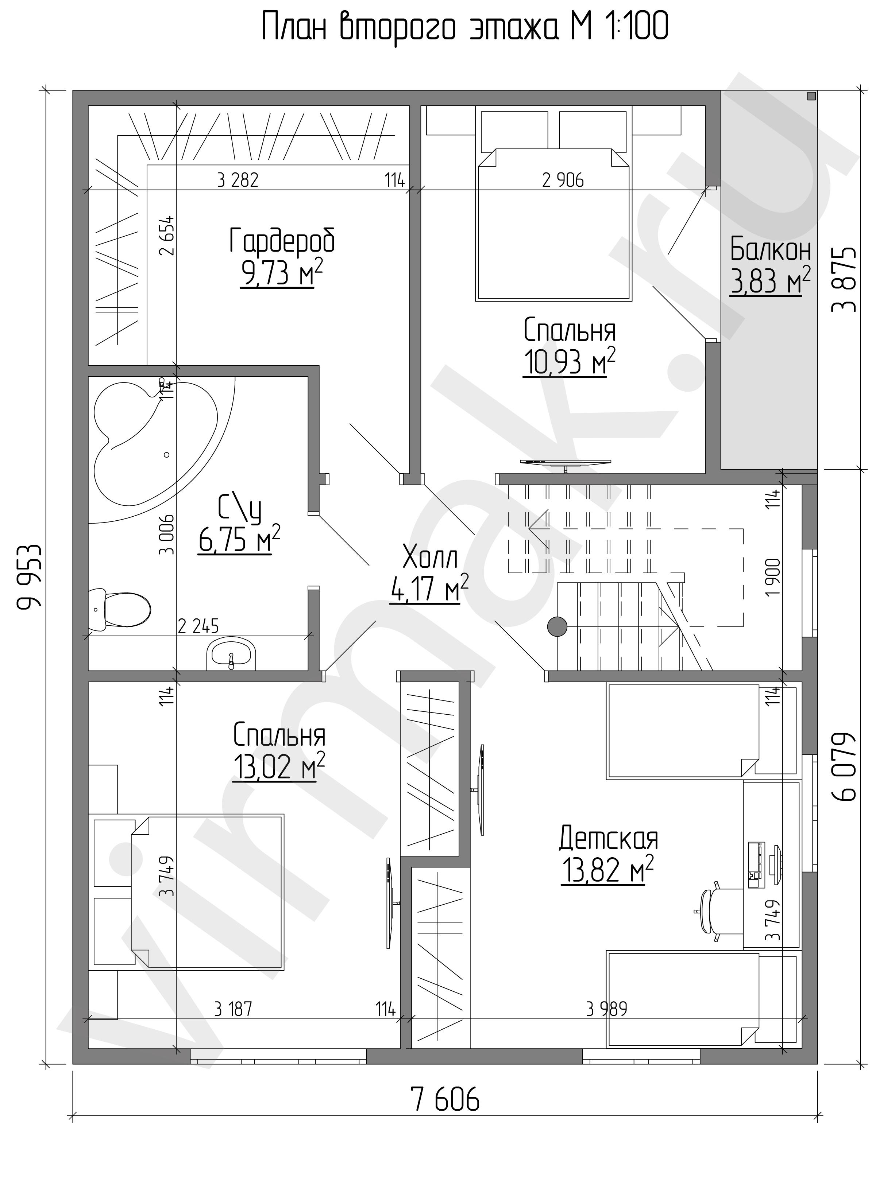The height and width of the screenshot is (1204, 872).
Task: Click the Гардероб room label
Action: pos(282,241)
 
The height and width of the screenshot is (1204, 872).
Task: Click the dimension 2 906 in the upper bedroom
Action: pos(563,180)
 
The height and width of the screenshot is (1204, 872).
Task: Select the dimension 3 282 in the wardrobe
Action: pos(238,180)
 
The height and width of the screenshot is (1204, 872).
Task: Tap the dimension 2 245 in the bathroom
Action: pos(198,626)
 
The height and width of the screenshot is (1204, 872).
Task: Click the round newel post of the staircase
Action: pos(557,626)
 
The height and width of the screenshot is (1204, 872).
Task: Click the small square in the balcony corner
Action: pos(811,96)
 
